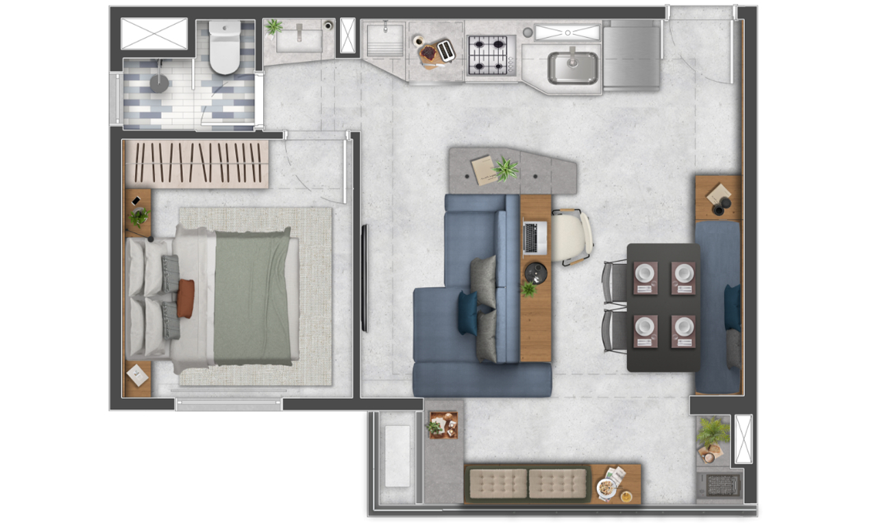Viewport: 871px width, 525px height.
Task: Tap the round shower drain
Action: tap(159, 83)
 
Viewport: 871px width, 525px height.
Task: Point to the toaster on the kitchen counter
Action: tap(446, 50)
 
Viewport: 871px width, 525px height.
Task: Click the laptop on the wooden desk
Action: tap(535, 237)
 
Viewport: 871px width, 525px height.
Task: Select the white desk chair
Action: tap(572, 236)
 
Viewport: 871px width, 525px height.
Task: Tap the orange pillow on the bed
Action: tap(185, 298)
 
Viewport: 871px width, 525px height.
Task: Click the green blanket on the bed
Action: tap(252, 297)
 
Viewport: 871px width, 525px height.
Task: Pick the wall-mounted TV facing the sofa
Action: tap(365, 278)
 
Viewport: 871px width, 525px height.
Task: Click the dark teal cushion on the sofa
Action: tap(469, 313)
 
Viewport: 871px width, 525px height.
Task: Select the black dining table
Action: tap(663, 307)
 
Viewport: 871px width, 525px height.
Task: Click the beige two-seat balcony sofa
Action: tap(527, 484)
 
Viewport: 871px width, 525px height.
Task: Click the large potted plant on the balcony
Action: tap(713, 432)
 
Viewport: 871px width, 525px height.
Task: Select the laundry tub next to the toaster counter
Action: tap(384, 41)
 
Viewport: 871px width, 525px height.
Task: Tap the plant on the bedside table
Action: tap(139, 217)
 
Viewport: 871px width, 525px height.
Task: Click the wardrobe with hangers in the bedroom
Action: tap(195, 164)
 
